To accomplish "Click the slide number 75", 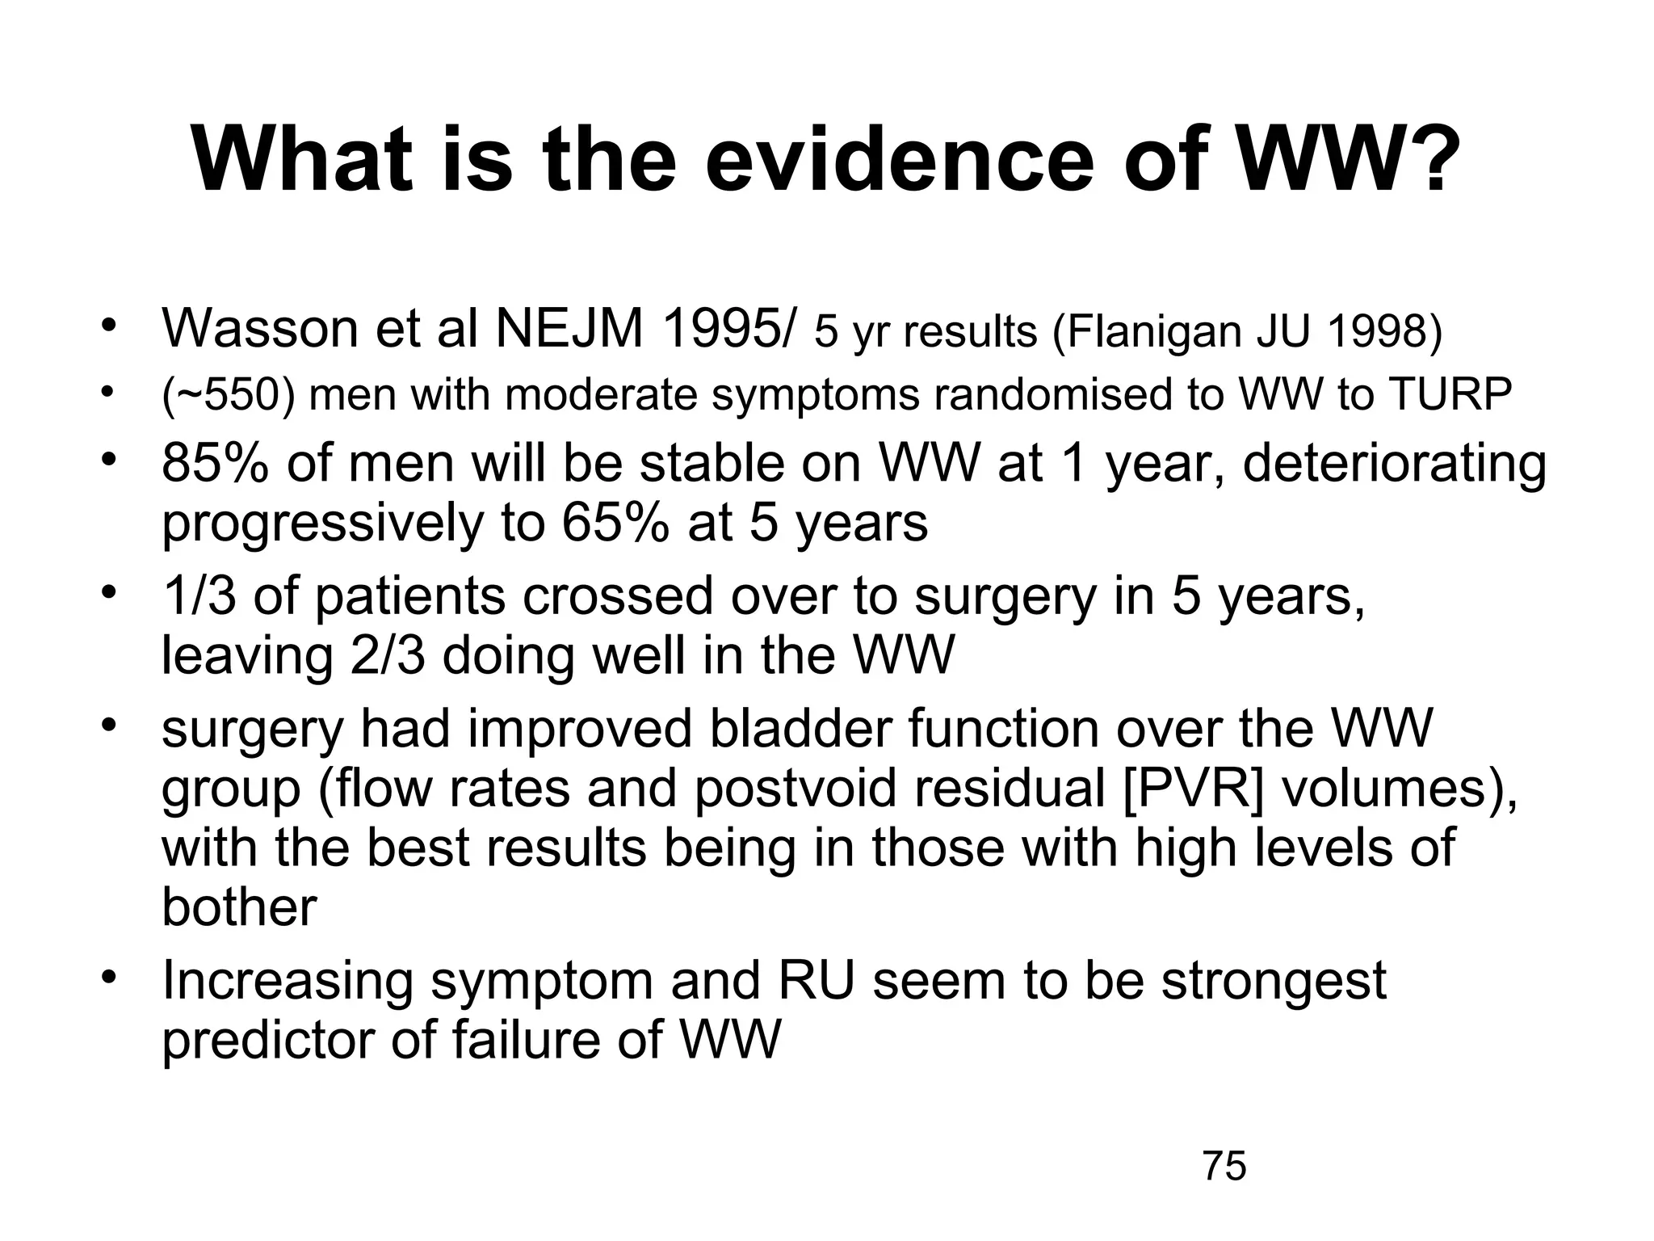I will tap(1224, 1167).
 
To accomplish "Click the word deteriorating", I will tap(1395, 465).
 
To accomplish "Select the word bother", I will tap(239, 907).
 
